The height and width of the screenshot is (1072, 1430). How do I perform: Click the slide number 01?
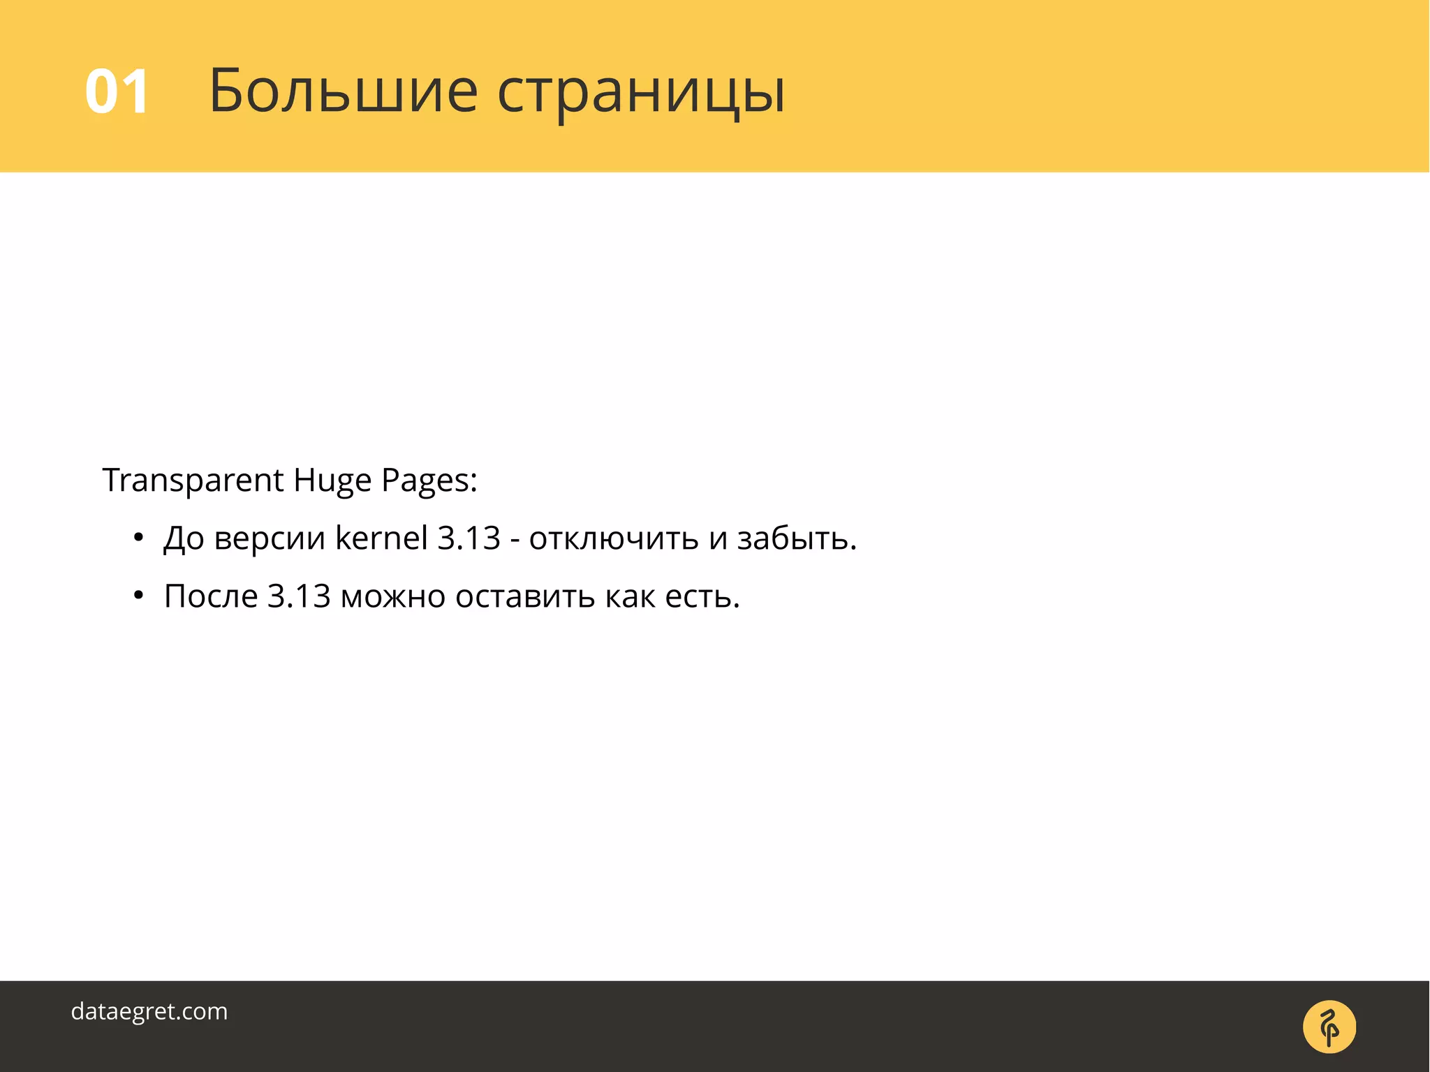coord(117,91)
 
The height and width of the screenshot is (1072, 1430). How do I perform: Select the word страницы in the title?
coord(641,93)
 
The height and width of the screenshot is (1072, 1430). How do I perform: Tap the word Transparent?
coord(193,480)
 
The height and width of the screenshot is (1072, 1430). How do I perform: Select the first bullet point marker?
coord(138,538)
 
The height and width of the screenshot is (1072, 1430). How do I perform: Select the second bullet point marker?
coord(138,596)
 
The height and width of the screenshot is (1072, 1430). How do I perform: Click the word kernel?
coord(381,538)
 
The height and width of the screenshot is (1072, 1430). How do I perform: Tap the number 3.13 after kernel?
coord(469,538)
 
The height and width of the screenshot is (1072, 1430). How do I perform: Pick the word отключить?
coord(614,538)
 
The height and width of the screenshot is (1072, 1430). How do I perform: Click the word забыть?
coord(797,538)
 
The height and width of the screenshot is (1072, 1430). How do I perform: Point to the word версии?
coord(270,538)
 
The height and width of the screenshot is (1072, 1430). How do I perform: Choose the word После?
coord(211,596)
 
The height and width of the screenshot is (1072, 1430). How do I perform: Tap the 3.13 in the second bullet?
coord(299,596)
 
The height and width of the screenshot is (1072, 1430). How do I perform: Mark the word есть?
coord(702,597)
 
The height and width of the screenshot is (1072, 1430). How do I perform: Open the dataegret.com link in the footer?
coord(149,1011)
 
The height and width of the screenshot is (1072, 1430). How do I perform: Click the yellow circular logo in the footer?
coord(1329,1027)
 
